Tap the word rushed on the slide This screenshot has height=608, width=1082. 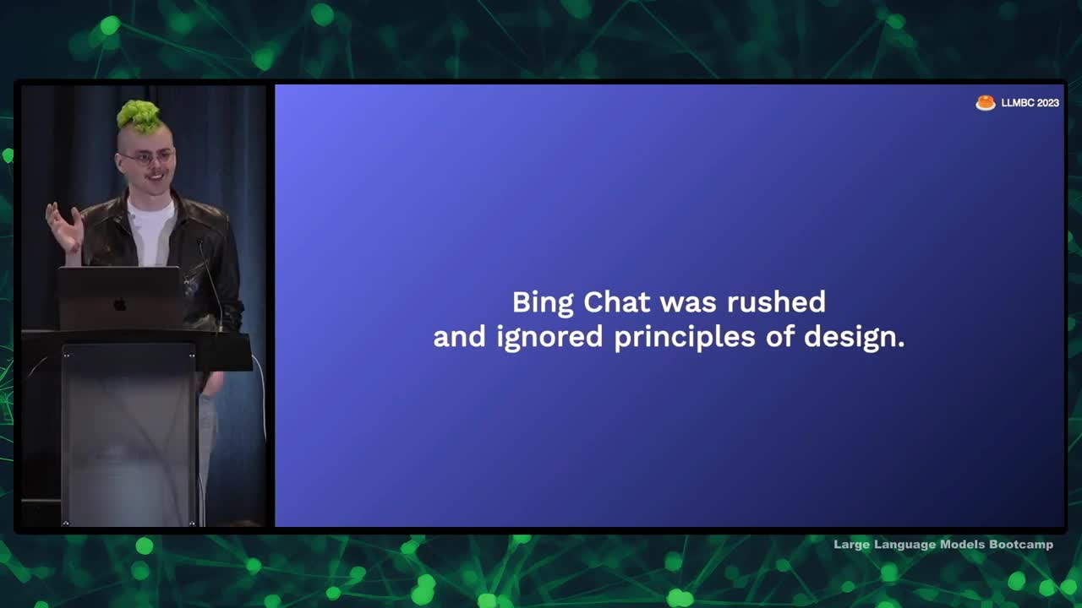776,302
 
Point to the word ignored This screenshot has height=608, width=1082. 549,337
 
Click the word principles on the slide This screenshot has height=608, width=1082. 685,337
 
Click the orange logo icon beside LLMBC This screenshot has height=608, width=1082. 986,103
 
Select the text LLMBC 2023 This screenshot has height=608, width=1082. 1030,103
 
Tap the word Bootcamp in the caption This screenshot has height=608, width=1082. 1021,545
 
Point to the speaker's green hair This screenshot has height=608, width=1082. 139,116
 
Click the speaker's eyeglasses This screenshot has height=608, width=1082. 146,157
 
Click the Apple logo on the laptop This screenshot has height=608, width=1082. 119,305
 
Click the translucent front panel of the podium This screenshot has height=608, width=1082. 129,434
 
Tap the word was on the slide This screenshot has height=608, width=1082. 688,304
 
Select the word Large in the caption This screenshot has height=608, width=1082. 851,545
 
